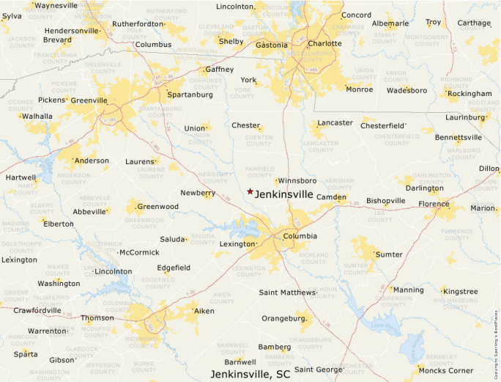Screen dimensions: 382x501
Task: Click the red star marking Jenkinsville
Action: point(250,191)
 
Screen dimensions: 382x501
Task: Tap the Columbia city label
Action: point(300,236)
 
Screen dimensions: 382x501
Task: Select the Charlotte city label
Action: point(324,43)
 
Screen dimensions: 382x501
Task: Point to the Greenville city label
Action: point(89,100)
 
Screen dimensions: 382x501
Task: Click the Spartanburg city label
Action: point(190,95)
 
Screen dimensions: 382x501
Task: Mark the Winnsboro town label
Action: point(297,180)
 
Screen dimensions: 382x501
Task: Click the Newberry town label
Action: point(197,193)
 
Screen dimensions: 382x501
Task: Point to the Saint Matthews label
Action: point(287,293)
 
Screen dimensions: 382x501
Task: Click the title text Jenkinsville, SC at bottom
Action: point(250,374)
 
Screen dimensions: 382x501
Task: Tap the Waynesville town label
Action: point(56,5)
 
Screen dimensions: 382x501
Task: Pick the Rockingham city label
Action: point(470,94)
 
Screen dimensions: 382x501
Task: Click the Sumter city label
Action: point(389,254)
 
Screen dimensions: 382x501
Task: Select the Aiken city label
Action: point(204,312)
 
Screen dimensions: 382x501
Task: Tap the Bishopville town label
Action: point(386,200)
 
